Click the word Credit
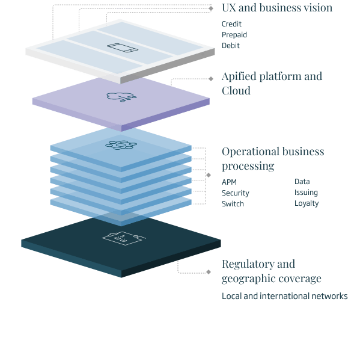(231, 23)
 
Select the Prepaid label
(234, 35)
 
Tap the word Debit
(231, 46)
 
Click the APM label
(229, 182)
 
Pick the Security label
(236, 193)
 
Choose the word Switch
(233, 204)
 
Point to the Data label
(302, 182)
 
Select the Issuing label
(306, 193)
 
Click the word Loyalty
(307, 203)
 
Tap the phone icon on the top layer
(123, 48)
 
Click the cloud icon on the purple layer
(121, 97)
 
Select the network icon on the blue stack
(121, 145)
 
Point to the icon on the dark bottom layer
(124, 238)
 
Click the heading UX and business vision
(277, 8)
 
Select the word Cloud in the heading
(236, 90)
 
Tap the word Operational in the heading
(251, 152)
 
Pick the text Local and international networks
(284, 296)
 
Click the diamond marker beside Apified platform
(211, 79)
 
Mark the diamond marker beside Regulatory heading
(209, 272)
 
